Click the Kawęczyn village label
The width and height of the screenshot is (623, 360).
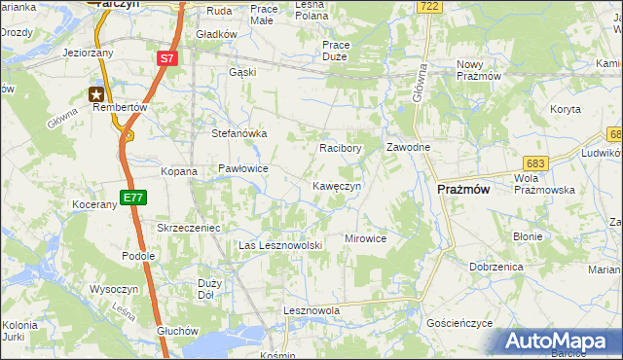(x=337, y=186)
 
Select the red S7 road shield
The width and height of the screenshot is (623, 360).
(x=166, y=59)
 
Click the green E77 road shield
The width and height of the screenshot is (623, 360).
(x=132, y=198)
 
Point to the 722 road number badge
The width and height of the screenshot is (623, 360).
(x=426, y=7)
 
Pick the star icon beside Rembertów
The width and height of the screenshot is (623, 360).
(x=97, y=94)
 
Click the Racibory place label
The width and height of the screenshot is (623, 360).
(x=341, y=149)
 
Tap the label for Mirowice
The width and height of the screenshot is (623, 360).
(x=366, y=238)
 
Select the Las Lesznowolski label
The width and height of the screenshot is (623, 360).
(x=280, y=246)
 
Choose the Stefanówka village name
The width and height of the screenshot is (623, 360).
(x=239, y=134)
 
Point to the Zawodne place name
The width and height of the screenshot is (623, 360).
(x=408, y=147)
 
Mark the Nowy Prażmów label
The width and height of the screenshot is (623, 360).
(x=478, y=70)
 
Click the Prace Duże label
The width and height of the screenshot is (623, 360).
(x=349, y=52)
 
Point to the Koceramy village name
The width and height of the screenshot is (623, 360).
(x=93, y=205)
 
